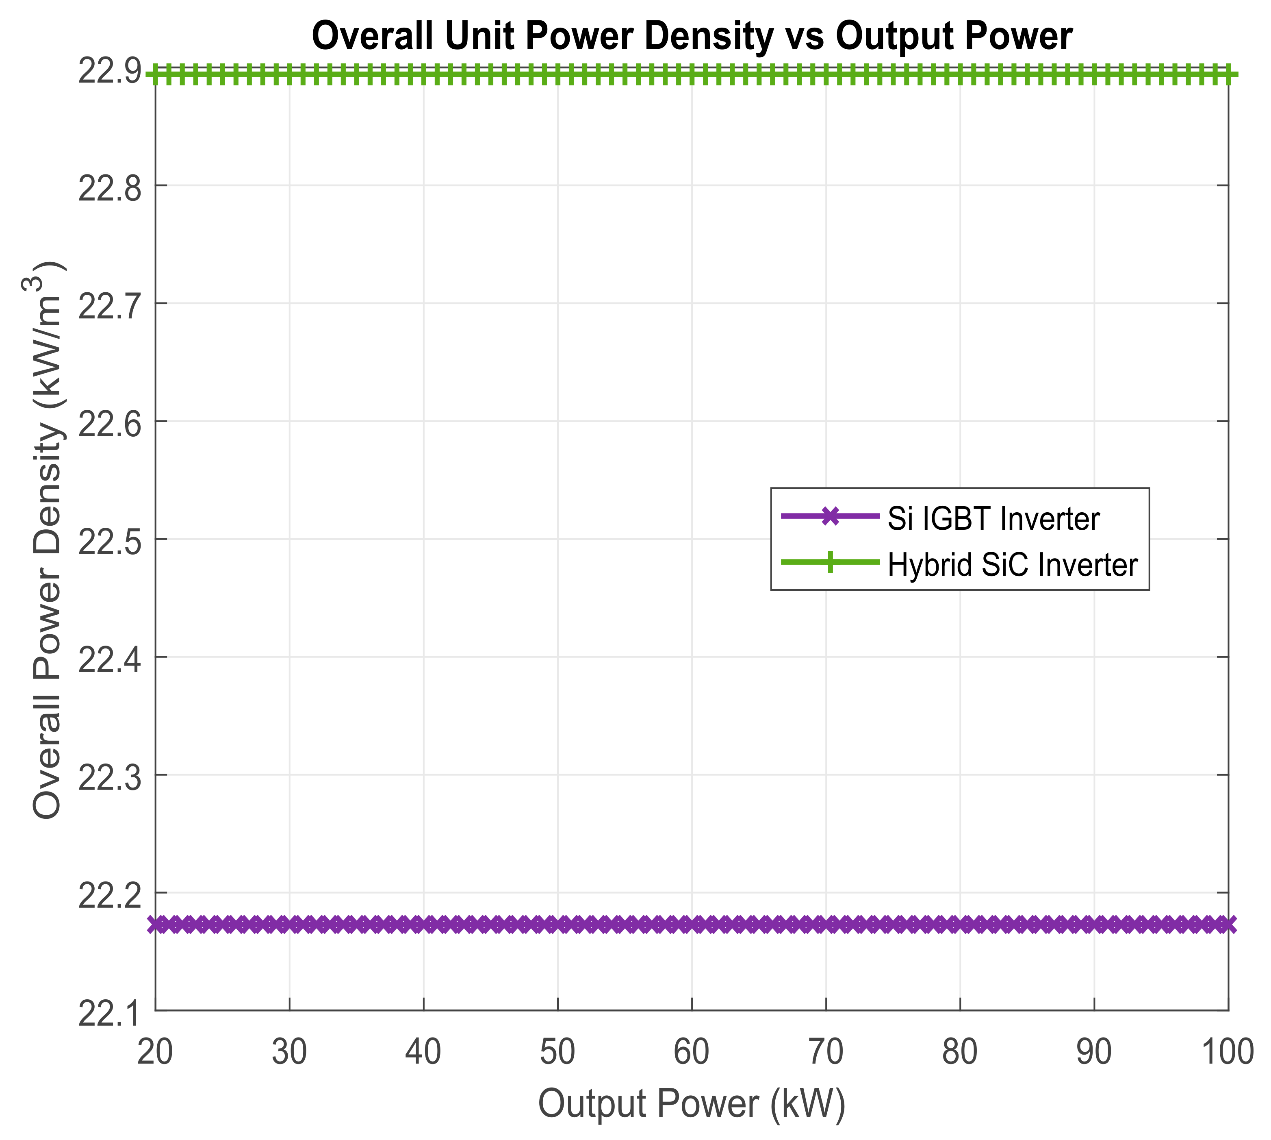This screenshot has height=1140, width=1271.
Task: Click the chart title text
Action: (692, 36)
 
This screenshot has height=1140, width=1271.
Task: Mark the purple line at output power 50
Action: (558, 924)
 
